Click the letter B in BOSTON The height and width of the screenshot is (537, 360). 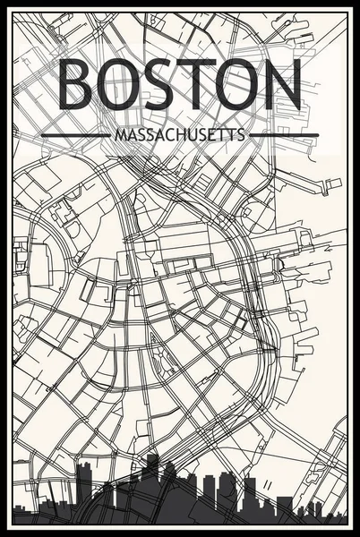(78, 88)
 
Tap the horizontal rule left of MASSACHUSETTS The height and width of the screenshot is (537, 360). (76, 135)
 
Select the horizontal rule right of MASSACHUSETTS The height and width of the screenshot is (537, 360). (284, 135)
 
